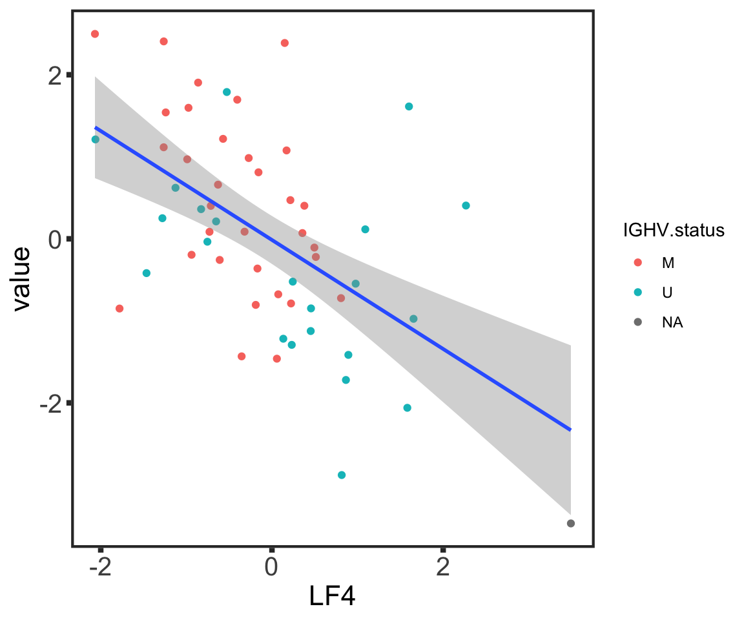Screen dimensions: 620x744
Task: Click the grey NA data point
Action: pyautogui.click(x=571, y=523)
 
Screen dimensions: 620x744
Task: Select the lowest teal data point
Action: pyautogui.click(x=342, y=475)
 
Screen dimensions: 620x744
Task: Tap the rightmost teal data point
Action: pyautogui.click(x=466, y=205)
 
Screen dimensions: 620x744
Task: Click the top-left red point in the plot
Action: pyautogui.click(x=95, y=34)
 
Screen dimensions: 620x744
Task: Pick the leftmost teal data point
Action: pyautogui.click(x=96, y=139)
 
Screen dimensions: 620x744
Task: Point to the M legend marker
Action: pyautogui.click(x=638, y=262)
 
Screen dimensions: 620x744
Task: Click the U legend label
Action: pyautogui.click(x=667, y=293)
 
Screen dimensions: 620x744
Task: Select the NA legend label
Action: pyautogui.click(x=672, y=323)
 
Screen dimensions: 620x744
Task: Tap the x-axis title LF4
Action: pyautogui.click(x=332, y=596)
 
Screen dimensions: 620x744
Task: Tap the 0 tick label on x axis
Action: pyautogui.click(x=271, y=568)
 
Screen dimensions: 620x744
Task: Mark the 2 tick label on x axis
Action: pyautogui.click(x=442, y=568)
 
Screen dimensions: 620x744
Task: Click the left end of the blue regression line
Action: pyautogui.click(x=96, y=127)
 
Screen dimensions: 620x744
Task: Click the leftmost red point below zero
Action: pyautogui.click(x=119, y=308)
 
